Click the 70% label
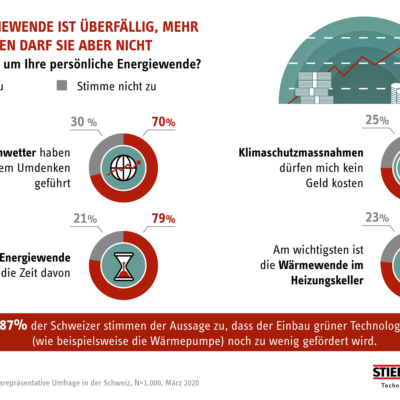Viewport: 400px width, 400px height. pos(163,122)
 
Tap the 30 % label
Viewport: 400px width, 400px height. pos(83,122)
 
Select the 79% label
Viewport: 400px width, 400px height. pos(163,219)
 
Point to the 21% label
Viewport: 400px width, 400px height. pos(85,219)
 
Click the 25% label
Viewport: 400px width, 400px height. pos(377,120)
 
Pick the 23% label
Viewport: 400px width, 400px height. pos(377,218)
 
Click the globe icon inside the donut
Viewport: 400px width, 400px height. pos(123,168)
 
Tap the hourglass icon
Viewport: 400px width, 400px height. pos(123,266)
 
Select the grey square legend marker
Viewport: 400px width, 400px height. pos(62,85)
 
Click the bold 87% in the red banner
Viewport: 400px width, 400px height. pos(14,325)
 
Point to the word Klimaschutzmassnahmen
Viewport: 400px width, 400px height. pos(301,153)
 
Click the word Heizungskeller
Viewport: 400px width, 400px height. pos(327,280)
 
